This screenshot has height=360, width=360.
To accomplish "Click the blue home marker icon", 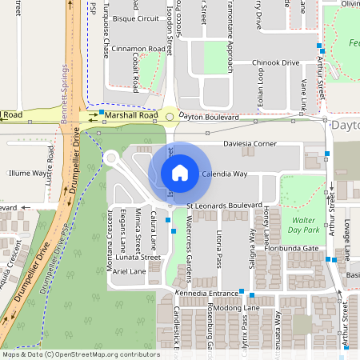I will (x=180, y=172).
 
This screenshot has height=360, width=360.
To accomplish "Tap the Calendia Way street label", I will (x=224, y=174).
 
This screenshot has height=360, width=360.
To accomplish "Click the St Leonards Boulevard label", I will (x=225, y=205).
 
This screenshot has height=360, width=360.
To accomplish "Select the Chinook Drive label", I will (x=275, y=62).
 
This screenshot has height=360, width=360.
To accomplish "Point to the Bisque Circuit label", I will (x=136, y=18).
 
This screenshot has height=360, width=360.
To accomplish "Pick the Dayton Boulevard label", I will (x=210, y=117).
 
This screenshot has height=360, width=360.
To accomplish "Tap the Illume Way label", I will (x=27, y=172).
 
